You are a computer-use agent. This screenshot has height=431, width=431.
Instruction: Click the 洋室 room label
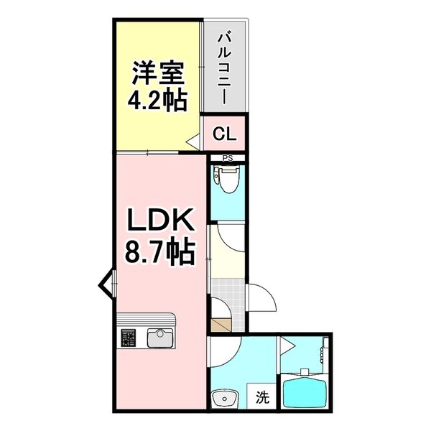point(157,73)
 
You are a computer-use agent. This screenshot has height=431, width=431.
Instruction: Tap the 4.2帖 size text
point(157,99)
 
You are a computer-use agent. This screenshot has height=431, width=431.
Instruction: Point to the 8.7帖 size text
point(160,251)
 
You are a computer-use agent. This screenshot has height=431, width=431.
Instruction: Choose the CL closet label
point(224,134)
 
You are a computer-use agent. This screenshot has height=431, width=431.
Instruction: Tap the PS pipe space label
point(227,159)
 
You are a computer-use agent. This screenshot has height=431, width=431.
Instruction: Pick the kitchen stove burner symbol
point(129,336)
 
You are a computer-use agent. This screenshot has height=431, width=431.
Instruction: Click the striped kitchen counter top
point(144,320)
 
